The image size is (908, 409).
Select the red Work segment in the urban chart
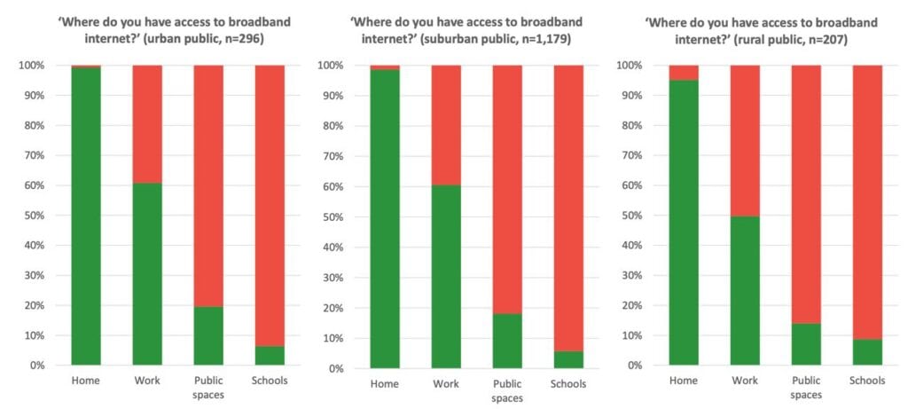click(147, 124)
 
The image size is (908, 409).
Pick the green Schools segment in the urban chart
click(270, 355)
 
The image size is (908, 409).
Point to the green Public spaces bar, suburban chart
click(507, 341)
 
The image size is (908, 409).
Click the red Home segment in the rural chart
click(684, 73)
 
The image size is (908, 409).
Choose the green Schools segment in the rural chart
click(867, 351)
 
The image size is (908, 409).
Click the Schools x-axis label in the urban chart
click(270, 381)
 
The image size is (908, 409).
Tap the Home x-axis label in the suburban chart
click(385, 384)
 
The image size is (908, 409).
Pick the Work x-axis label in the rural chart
click(745, 381)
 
